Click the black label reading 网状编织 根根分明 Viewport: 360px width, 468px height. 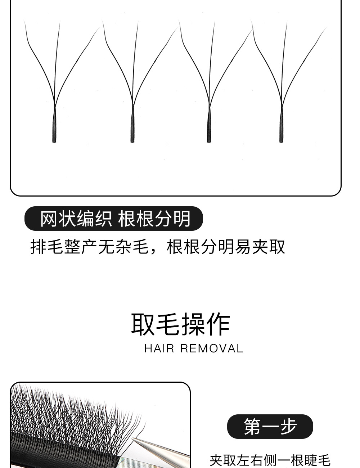click(114, 219)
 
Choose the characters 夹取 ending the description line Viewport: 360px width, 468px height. click(269, 247)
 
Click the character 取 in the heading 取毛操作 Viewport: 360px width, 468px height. click(143, 324)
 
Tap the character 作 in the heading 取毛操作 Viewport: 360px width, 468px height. click(218, 324)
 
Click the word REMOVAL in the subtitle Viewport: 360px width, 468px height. click(212, 348)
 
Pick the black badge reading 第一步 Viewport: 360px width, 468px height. click(270, 427)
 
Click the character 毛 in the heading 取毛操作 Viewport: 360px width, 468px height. click(168, 324)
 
